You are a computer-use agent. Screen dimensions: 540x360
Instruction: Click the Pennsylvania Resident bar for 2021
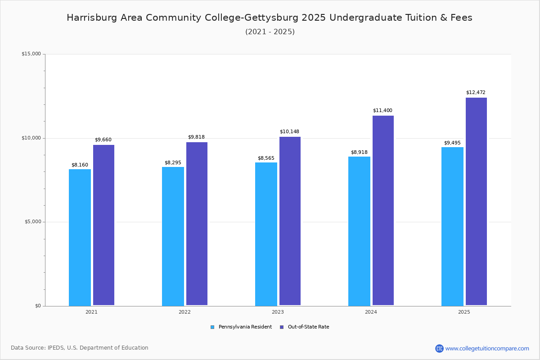pos(80,238)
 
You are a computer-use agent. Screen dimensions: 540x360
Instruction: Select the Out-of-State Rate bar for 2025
pos(476,201)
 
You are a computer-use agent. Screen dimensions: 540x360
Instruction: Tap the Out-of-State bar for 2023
pos(290,221)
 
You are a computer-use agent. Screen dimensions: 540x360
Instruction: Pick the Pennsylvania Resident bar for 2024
pos(359,231)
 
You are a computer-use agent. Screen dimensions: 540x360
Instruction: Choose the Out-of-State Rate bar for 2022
pos(197,224)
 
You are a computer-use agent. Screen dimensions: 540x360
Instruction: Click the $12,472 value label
pos(476,92)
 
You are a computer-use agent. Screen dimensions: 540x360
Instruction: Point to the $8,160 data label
pos(80,165)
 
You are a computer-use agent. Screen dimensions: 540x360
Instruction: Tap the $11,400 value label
pos(382,110)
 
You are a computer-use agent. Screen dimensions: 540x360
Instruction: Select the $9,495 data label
pos(452,143)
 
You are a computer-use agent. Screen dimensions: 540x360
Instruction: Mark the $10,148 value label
pos(289,132)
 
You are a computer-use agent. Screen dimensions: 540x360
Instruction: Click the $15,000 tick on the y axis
pos(31,54)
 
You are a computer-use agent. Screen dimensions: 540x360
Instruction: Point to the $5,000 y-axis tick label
pos(33,222)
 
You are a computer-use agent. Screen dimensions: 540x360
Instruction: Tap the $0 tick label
pos(38,306)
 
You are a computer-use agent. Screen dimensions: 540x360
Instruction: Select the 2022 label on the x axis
pos(184,312)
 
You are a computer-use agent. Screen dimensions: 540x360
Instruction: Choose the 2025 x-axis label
pos(464,312)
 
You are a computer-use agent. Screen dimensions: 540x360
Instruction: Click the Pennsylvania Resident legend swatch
pos(212,327)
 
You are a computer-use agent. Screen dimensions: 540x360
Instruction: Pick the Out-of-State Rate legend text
pos(308,327)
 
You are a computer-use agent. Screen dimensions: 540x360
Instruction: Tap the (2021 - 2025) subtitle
pos(270,32)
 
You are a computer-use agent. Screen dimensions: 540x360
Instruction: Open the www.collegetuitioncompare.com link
pos(487,348)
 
